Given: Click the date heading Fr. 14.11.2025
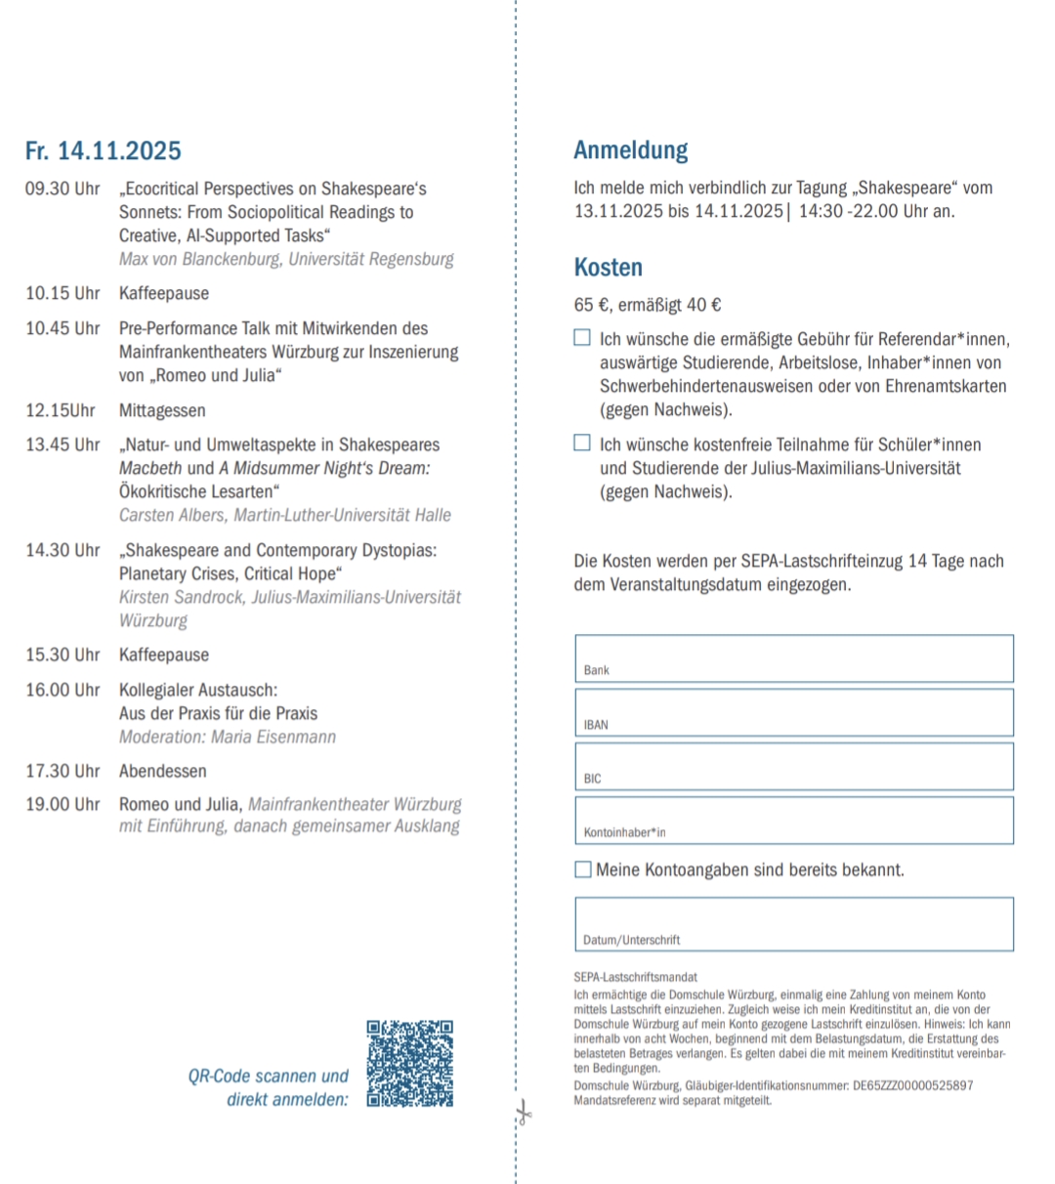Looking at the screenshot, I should coord(103,150).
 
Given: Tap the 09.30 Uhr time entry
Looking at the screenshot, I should coord(63,189).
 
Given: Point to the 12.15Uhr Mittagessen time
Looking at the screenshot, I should coord(61,410).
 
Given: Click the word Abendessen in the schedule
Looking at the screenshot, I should coord(163,771).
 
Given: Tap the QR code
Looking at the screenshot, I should coord(410,1064).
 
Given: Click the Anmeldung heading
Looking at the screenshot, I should coord(630,150).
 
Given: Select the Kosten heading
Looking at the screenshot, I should coord(608,268).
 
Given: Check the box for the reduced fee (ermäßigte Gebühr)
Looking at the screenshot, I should coord(582,338).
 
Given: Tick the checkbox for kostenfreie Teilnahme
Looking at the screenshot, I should coord(582,444).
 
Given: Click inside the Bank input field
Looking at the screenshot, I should coord(793,657).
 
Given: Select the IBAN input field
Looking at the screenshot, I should coord(793,712).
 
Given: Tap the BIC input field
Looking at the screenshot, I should coord(793,766).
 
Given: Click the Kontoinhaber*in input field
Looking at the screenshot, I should coord(793,820).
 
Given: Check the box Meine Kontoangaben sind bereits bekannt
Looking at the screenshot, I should coord(583,869).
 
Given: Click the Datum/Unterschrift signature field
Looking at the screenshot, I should coord(793,923).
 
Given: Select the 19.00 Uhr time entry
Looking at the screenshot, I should coord(63,804).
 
